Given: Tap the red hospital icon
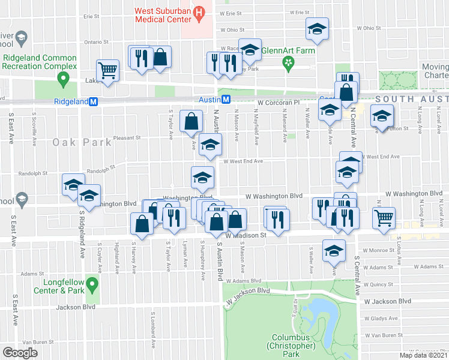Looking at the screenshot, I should point(202,11).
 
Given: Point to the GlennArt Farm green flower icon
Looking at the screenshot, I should point(289,62).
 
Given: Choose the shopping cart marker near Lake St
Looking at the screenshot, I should point(108,71).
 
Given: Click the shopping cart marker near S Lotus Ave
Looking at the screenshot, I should point(383,218).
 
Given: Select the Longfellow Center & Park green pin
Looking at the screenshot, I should point(92,282).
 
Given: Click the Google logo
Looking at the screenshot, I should point(20,352).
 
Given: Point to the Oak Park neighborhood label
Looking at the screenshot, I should point(82,142).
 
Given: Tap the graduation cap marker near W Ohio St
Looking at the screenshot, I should point(317,29).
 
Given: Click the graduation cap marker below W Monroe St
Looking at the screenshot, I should point(333,251).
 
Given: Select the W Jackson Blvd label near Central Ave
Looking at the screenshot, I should point(390,301).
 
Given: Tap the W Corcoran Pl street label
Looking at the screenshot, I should point(278,103).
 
